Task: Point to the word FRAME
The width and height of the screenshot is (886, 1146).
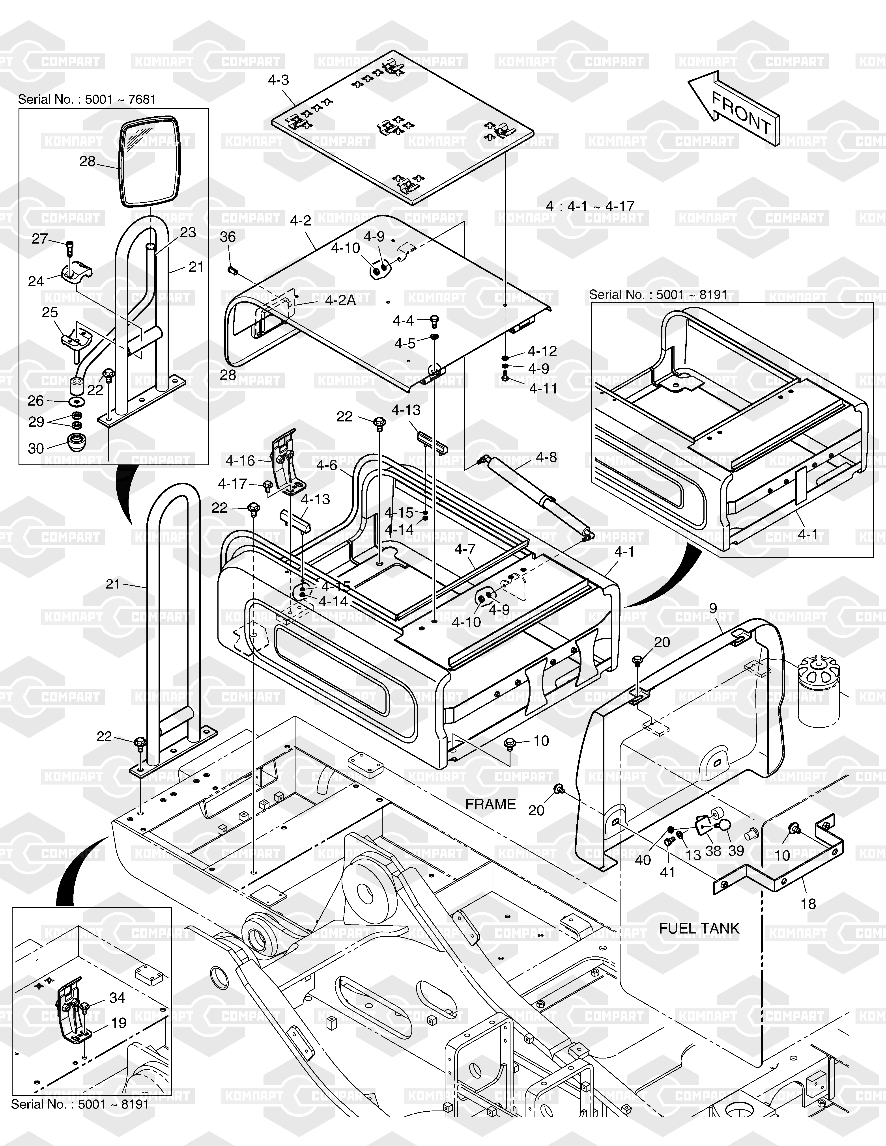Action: [x=491, y=804]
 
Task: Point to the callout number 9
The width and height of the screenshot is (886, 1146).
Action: [x=713, y=608]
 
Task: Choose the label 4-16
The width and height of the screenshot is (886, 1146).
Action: [x=240, y=461]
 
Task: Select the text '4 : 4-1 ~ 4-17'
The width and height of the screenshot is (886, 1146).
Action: [x=590, y=206]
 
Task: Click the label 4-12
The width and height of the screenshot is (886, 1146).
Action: [x=542, y=350]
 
